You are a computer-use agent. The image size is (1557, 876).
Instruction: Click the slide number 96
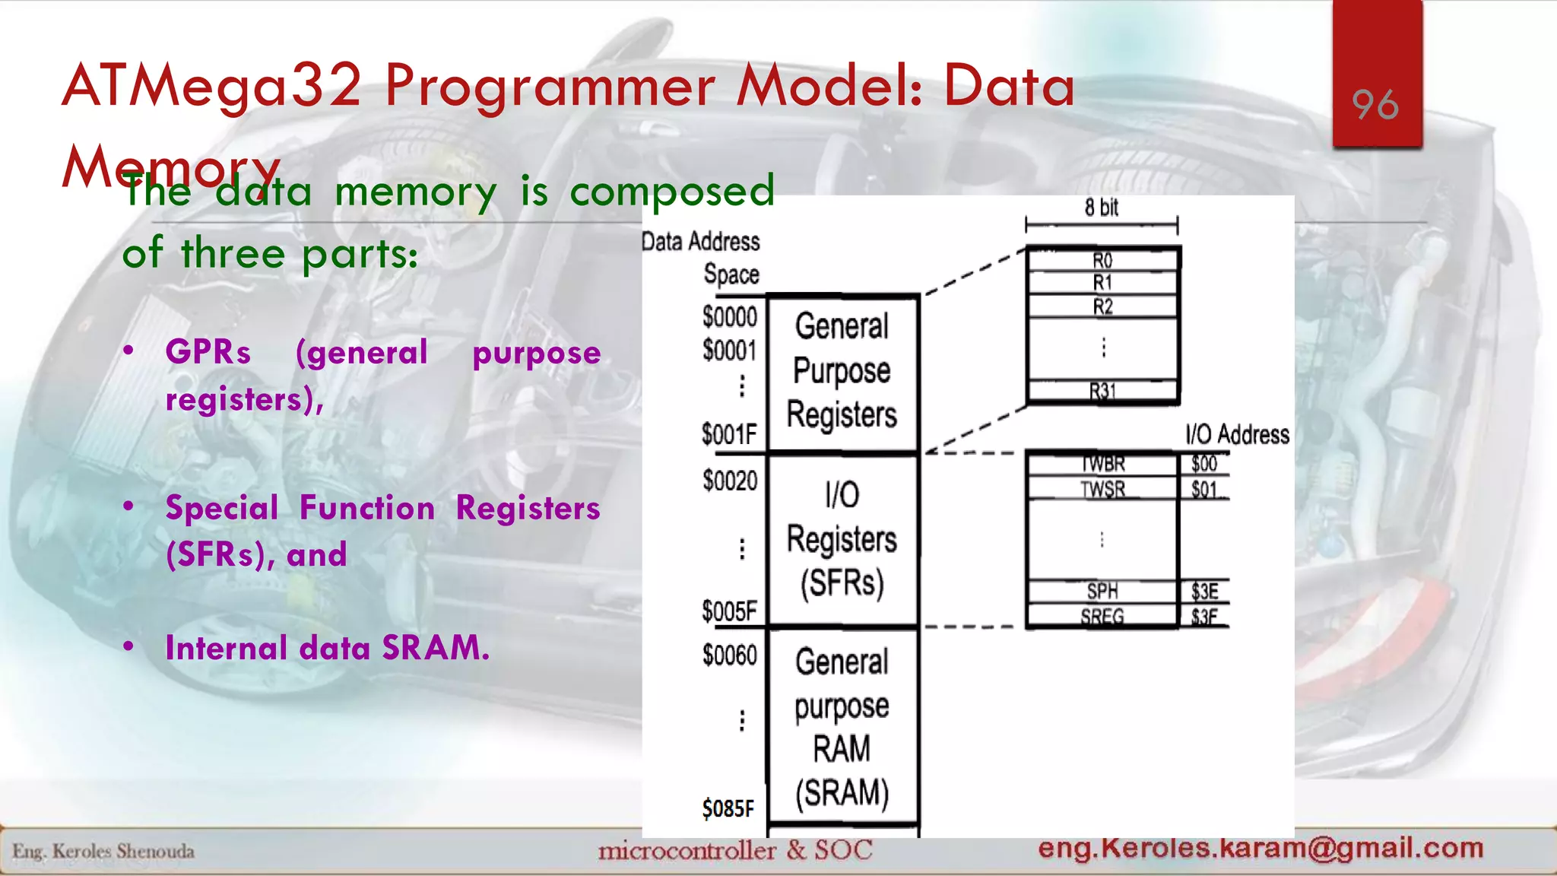(x=1375, y=105)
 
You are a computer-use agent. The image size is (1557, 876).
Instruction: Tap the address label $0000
(x=729, y=316)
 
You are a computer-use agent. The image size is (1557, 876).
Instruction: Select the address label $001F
(x=728, y=435)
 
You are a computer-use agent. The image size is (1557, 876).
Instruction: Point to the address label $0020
(x=730, y=481)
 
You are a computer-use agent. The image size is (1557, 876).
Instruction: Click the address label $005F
(x=729, y=611)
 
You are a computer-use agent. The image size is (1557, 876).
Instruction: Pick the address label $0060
(x=729, y=655)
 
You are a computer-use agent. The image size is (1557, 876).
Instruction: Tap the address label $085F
(x=728, y=808)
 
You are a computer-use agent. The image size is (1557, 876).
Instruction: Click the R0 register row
(x=1102, y=261)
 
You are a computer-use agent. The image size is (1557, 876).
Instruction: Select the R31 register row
(x=1102, y=392)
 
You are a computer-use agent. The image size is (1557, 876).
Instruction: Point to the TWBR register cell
(x=1102, y=464)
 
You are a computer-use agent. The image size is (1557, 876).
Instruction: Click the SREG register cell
(x=1102, y=617)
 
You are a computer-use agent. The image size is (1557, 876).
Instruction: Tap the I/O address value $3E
(x=1204, y=592)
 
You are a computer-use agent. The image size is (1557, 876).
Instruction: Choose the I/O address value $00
(x=1204, y=464)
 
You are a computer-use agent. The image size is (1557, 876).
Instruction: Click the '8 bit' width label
(x=1101, y=207)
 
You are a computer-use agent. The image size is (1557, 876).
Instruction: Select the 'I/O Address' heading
(x=1237, y=434)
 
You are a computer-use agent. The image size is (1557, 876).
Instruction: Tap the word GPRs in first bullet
(x=208, y=352)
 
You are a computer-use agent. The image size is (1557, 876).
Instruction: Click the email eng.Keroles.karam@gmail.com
(x=1261, y=848)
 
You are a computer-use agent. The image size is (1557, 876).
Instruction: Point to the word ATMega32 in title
(x=212, y=85)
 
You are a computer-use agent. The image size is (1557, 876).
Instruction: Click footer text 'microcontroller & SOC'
(x=734, y=850)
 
